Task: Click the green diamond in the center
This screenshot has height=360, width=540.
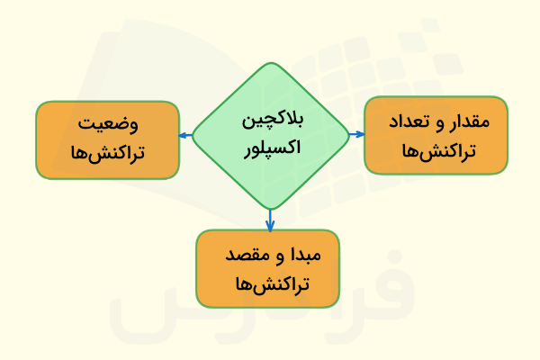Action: tap(270, 135)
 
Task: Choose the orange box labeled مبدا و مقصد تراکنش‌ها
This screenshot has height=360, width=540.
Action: tap(269, 268)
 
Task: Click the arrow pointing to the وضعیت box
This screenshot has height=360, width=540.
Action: tap(185, 136)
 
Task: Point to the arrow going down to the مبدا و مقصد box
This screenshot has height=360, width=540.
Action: tap(270, 219)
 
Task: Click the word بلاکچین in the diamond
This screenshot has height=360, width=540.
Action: tap(271, 121)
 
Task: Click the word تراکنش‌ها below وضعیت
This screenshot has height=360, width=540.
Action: tap(108, 154)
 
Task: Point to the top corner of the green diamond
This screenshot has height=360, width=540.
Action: tap(270, 63)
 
